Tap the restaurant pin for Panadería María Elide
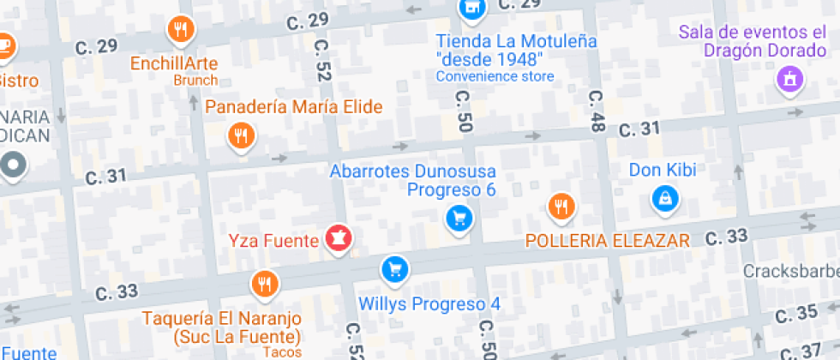[243, 136]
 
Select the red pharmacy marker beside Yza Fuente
[338, 240]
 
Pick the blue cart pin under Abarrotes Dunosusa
[459, 218]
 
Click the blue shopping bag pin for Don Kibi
[664, 200]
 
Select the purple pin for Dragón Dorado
[788, 81]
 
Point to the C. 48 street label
[597, 111]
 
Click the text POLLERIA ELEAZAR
[608, 241]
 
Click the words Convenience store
[495, 76]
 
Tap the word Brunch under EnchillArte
[195, 81]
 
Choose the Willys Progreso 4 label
[429, 303]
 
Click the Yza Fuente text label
[273, 240]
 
